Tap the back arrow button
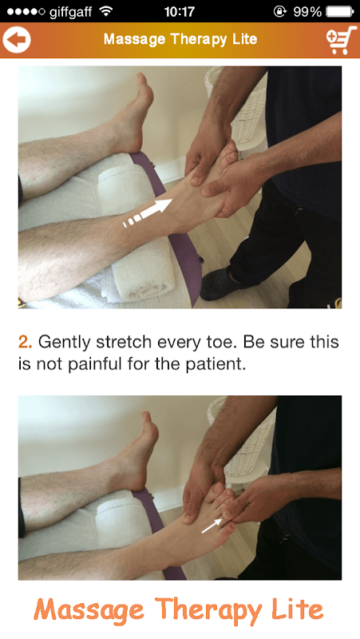pos(17,39)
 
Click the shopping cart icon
pos(341,40)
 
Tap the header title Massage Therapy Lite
pos(180,39)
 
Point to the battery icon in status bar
pos(339,11)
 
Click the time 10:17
pos(179,11)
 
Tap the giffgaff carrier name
pos(70,12)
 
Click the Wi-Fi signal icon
pos(106,11)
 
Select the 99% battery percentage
pos(307,11)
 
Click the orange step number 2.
pos(25,342)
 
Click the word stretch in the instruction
pos(125,342)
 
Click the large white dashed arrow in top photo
pos(148,212)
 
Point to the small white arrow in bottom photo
pos(212,526)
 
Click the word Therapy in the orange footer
pos(208,610)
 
